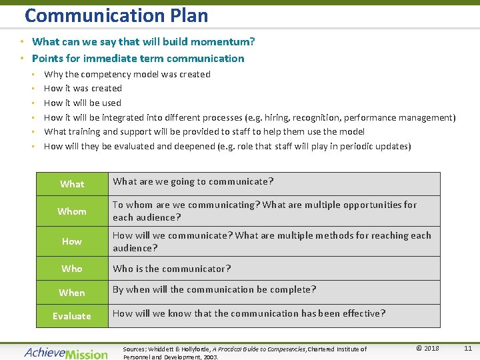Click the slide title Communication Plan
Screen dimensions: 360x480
pyautogui.click(x=116, y=15)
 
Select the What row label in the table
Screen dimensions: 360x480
pyautogui.click(x=72, y=184)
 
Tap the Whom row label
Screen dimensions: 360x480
pyautogui.click(x=72, y=211)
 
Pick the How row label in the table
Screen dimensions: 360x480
pyautogui.click(x=72, y=241)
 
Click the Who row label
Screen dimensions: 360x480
pyautogui.click(x=72, y=269)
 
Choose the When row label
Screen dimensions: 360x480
pyautogui.click(x=72, y=293)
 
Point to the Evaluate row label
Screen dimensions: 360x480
pyautogui.click(x=72, y=316)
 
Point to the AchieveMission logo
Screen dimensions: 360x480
pyautogui.click(x=66, y=353)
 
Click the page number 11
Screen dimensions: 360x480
pyautogui.click(x=467, y=348)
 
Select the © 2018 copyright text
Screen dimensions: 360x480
pyautogui.click(x=427, y=348)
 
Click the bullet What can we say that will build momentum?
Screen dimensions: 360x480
pyautogui.click(x=143, y=42)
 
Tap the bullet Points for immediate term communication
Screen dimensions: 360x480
pyautogui.click(x=138, y=59)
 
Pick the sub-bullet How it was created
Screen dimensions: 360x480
pyautogui.click(x=83, y=89)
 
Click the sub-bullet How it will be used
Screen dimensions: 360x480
pyautogui.click(x=83, y=103)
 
